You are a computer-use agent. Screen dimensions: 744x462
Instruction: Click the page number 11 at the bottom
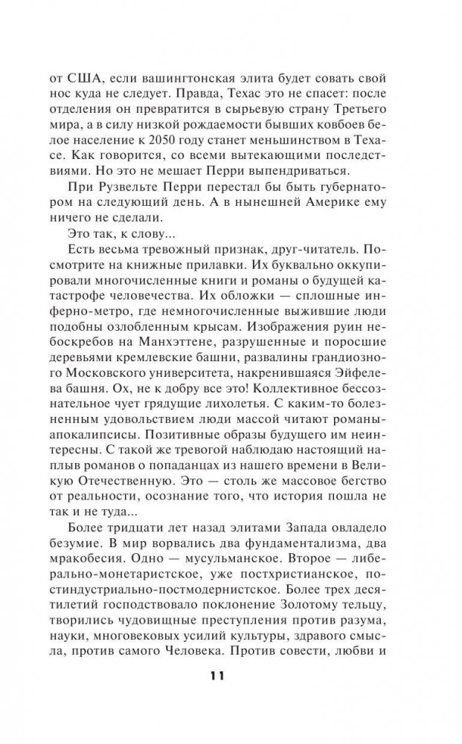pos(231,677)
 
